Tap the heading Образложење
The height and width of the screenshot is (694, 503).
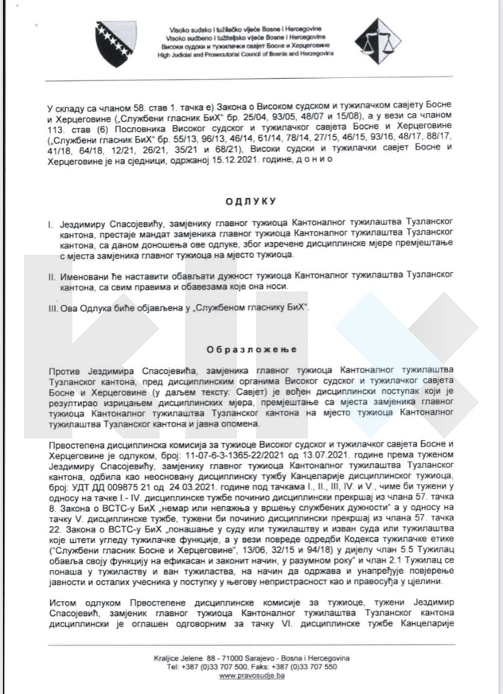251,349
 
